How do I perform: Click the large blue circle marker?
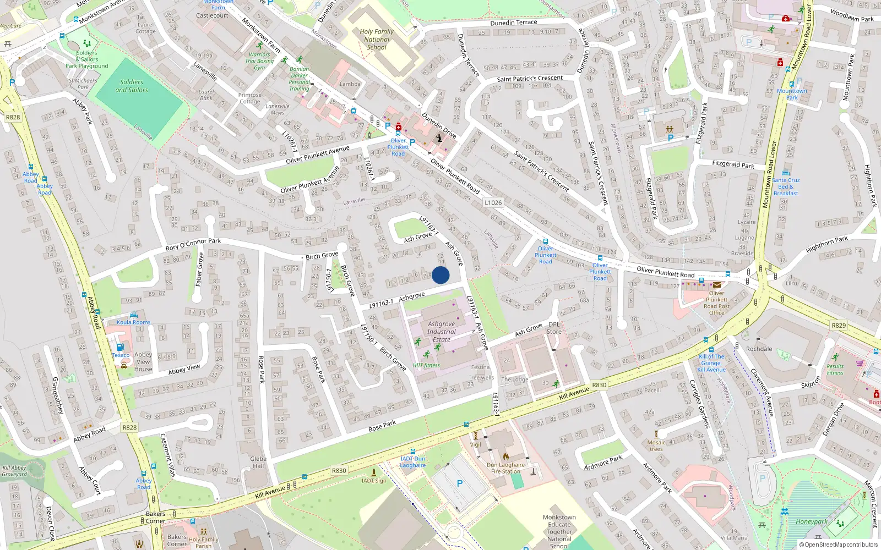click(440, 275)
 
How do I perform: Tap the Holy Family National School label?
click(377, 40)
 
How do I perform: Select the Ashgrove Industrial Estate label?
click(441, 332)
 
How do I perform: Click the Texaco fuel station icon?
click(120, 348)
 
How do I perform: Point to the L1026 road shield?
click(493, 202)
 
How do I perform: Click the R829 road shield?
click(839, 326)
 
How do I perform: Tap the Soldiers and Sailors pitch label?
click(132, 86)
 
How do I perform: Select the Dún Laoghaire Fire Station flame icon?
click(506, 456)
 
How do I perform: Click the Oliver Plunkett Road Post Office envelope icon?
click(716, 285)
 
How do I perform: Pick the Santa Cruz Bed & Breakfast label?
click(786, 186)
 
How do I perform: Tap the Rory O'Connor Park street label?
click(193, 244)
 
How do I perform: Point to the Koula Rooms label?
click(133, 322)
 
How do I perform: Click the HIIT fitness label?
click(426, 365)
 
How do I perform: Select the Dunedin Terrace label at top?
click(513, 23)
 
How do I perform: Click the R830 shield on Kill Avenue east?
click(599, 385)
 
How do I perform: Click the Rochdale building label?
click(759, 349)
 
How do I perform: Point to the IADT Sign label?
click(374, 481)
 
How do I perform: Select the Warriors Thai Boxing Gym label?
click(259, 61)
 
